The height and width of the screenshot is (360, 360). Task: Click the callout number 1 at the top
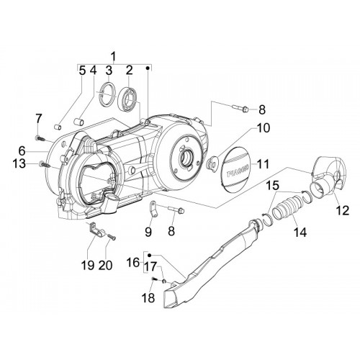click(x=113, y=57)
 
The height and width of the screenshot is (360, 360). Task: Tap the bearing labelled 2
click(x=127, y=99)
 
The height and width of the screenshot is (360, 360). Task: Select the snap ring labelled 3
click(x=107, y=94)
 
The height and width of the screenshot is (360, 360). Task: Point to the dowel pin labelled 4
click(x=78, y=121)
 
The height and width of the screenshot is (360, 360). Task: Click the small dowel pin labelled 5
click(x=57, y=127)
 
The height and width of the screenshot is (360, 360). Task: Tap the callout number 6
click(x=22, y=152)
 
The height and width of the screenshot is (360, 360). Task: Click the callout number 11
click(x=263, y=165)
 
